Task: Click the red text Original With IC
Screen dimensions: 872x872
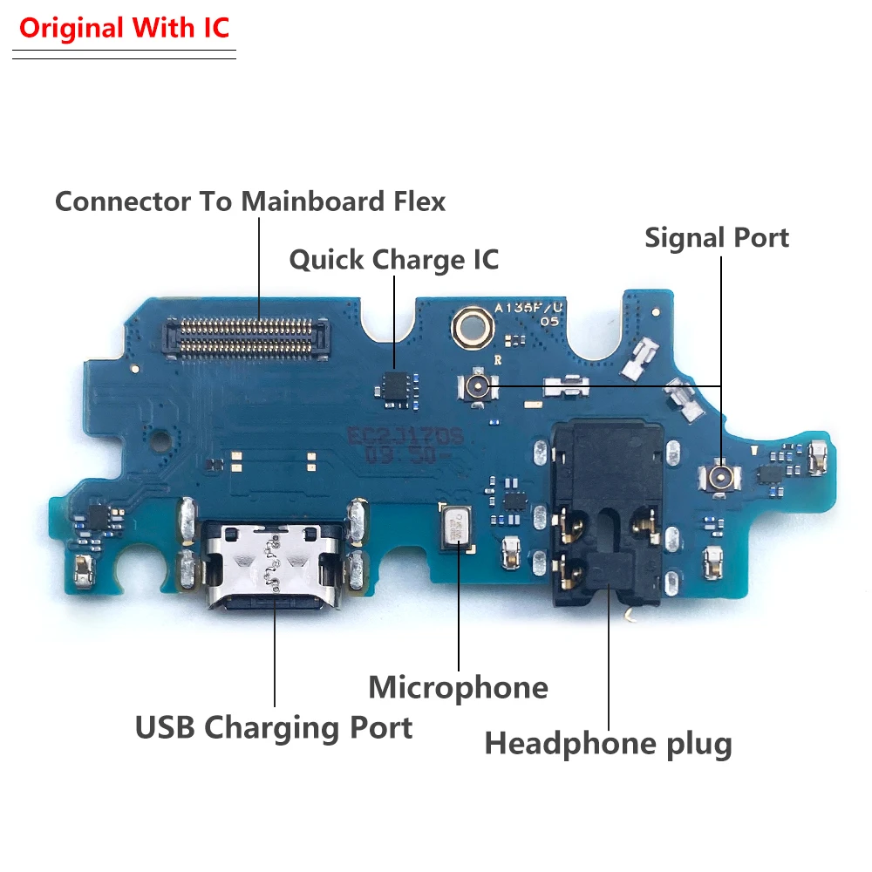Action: click(124, 28)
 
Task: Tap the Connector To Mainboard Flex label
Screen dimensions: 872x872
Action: click(250, 201)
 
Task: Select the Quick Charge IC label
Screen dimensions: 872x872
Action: click(393, 260)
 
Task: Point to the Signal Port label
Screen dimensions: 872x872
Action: click(717, 237)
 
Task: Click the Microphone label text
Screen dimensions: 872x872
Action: click(458, 687)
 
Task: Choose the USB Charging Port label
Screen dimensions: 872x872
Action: click(274, 726)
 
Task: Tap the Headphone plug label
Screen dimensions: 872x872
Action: click(608, 744)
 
